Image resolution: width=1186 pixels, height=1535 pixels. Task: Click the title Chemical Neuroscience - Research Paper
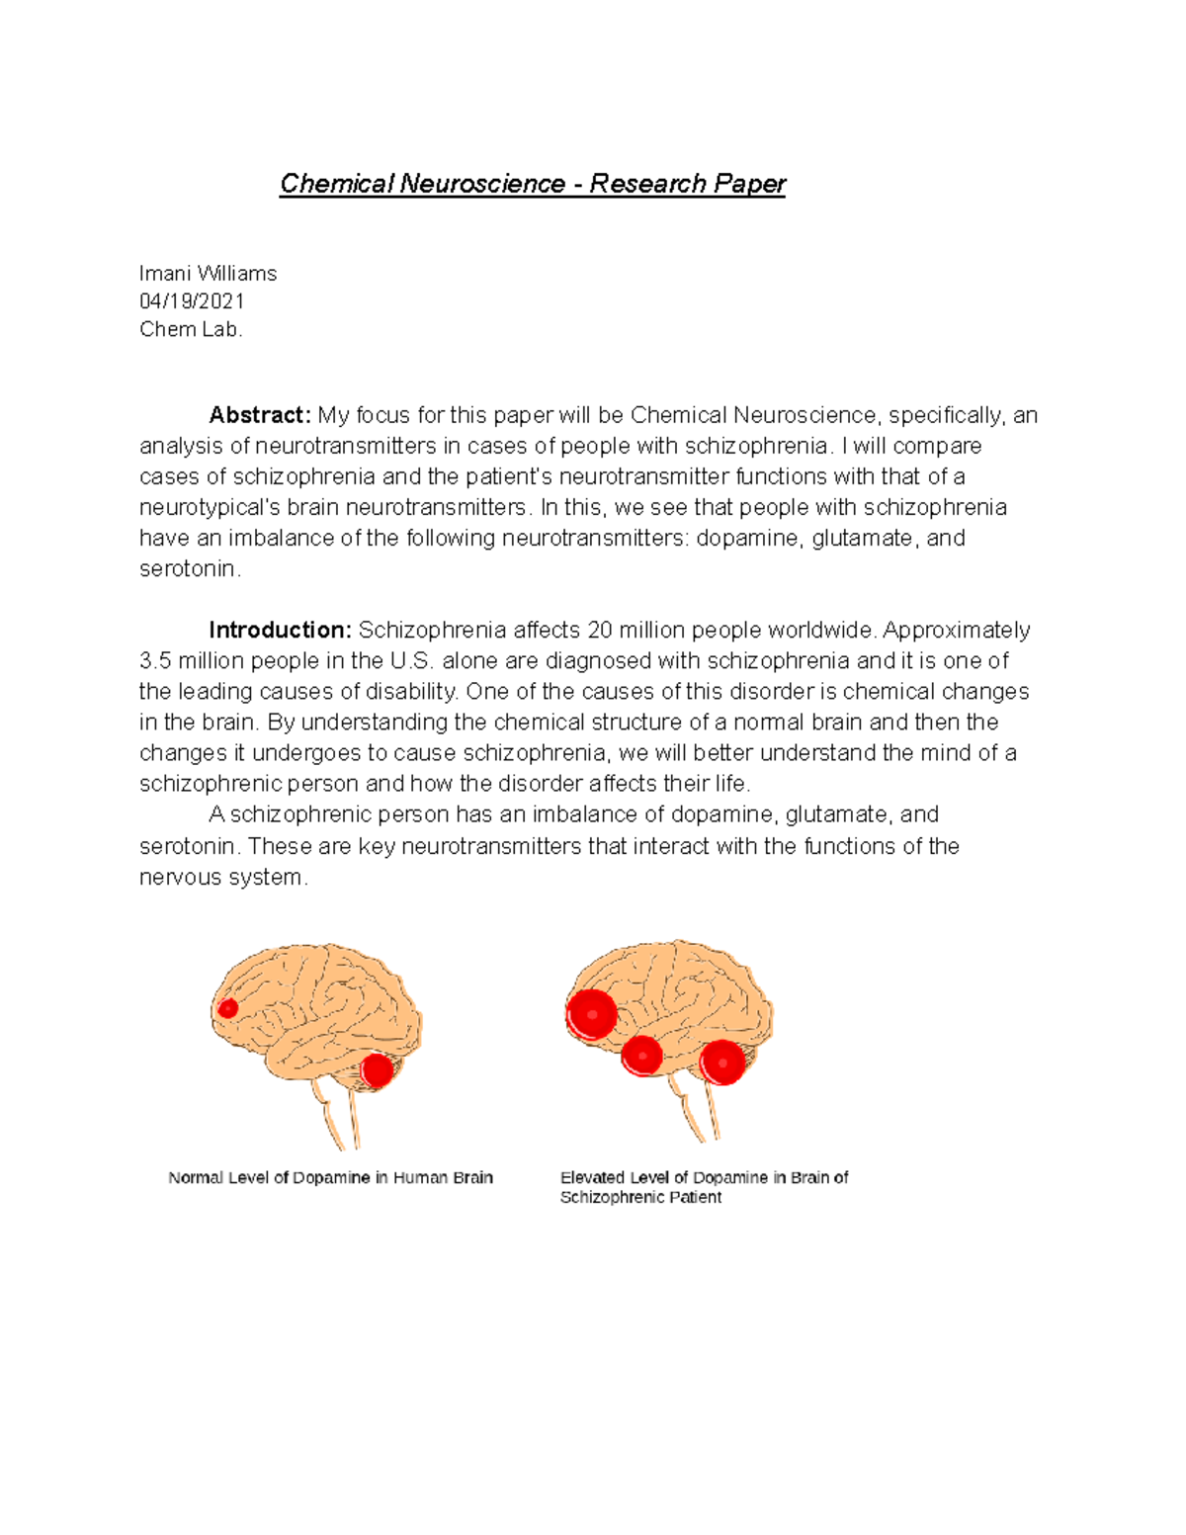tap(532, 184)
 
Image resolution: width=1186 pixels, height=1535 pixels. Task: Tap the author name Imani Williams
tap(208, 274)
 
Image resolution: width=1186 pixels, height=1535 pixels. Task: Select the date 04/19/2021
tap(192, 301)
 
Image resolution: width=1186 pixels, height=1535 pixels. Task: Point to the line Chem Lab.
tap(191, 330)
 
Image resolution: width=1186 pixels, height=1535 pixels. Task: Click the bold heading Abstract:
tap(260, 415)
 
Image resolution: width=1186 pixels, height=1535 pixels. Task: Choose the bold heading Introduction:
tap(280, 631)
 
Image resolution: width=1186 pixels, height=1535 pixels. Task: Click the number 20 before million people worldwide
tap(600, 631)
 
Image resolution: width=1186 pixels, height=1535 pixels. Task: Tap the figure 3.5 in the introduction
tap(155, 661)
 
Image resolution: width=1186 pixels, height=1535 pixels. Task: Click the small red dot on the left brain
tap(228, 1008)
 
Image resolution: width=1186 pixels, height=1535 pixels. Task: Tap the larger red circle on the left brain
tap(377, 1070)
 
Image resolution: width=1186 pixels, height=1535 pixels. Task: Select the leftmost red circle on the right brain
tap(592, 1013)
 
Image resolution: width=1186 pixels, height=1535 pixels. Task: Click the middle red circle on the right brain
tap(641, 1057)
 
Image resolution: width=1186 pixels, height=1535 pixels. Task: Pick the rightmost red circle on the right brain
tap(722, 1063)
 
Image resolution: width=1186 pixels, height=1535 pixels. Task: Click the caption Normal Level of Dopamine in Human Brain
tap(330, 1178)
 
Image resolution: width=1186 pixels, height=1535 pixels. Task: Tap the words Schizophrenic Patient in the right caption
tap(640, 1198)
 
